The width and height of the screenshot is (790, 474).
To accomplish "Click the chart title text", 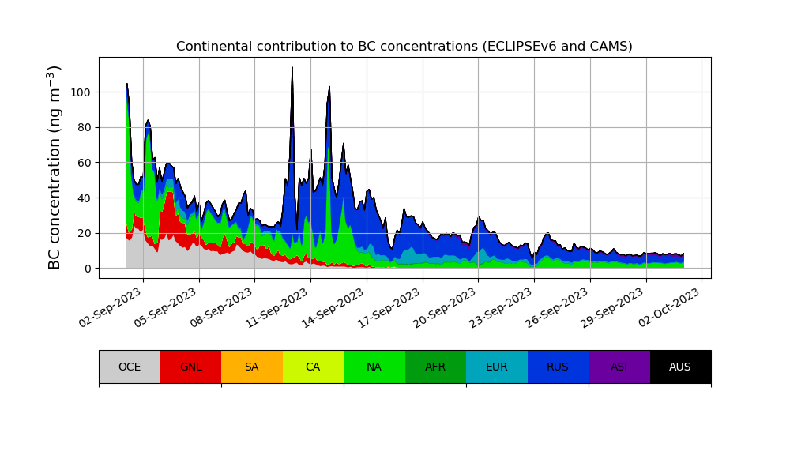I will (x=404, y=47).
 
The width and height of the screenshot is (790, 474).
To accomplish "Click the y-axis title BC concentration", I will (x=55, y=167).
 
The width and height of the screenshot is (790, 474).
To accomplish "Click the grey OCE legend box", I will (x=130, y=367).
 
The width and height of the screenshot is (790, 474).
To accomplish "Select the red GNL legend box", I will (x=190, y=367).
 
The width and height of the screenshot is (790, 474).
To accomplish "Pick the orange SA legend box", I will (x=252, y=367).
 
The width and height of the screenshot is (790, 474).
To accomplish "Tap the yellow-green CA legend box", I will (x=313, y=367).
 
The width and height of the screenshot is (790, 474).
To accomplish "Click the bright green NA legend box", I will (x=374, y=367).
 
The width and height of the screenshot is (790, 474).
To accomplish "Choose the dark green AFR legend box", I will (x=435, y=367).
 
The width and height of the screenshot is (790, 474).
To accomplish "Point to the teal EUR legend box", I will (x=497, y=367).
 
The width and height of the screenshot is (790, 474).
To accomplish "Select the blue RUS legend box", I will (x=558, y=367).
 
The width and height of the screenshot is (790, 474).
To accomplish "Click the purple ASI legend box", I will (x=619, y=367).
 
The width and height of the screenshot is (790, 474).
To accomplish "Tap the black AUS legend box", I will (x=680, y=367).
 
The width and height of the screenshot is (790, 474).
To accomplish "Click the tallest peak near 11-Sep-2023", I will (x=292, y=69).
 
